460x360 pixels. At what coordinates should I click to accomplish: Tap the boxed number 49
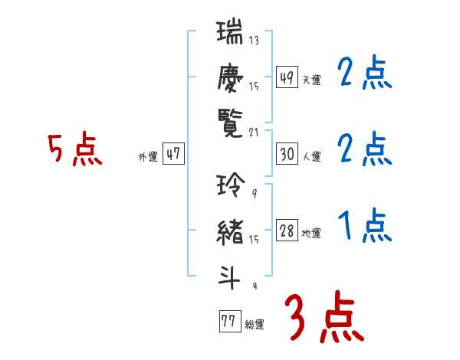[287, 77]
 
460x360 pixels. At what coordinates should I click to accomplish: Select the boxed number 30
[287, 154]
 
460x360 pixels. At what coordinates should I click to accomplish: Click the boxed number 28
[287, 231]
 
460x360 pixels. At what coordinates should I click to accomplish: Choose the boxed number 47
[173, 154]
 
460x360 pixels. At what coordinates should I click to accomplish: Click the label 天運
[311, 80]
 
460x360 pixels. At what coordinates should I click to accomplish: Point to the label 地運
[311, 234]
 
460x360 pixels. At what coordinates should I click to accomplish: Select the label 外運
[148, 156]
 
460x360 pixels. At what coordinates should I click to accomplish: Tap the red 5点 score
[74, 150]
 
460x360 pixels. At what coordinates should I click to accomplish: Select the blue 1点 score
[364, 227]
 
